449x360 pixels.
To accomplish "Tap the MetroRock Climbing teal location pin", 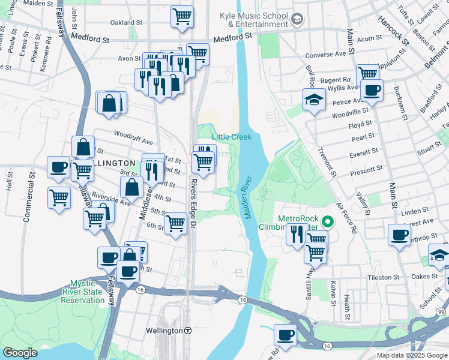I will (x=327, y=222).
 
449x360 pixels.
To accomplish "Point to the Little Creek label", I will (x=231, y=137).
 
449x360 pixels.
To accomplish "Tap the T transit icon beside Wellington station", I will (x=188, y=331).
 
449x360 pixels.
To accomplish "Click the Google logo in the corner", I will (x=20, y=353).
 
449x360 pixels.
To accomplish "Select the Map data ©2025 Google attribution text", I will (x=411, y=355).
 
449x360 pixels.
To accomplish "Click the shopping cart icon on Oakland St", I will (x=182, y=16).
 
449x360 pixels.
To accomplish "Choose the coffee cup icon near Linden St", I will (x=399, y=234).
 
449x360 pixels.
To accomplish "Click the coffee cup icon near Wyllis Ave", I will (x=372, y=90).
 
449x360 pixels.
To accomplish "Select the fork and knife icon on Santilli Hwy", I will (x=296, y=233).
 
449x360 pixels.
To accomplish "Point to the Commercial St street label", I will (x=27, y=198).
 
